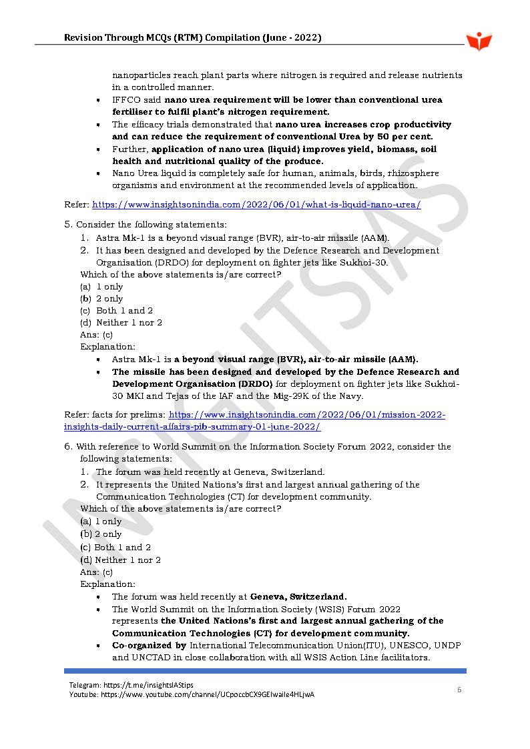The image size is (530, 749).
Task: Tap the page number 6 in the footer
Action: point(459,690)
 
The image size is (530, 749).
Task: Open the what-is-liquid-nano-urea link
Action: point(256,205)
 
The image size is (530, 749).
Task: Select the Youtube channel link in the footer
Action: point(192,694)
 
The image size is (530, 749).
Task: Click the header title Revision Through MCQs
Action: point(192,38)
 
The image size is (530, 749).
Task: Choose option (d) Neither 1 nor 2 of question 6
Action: point(120,560)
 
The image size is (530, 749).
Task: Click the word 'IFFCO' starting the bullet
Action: point(125,100)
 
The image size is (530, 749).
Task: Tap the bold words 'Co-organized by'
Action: point(149,645)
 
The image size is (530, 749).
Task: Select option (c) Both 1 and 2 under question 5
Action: point(116,310)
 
